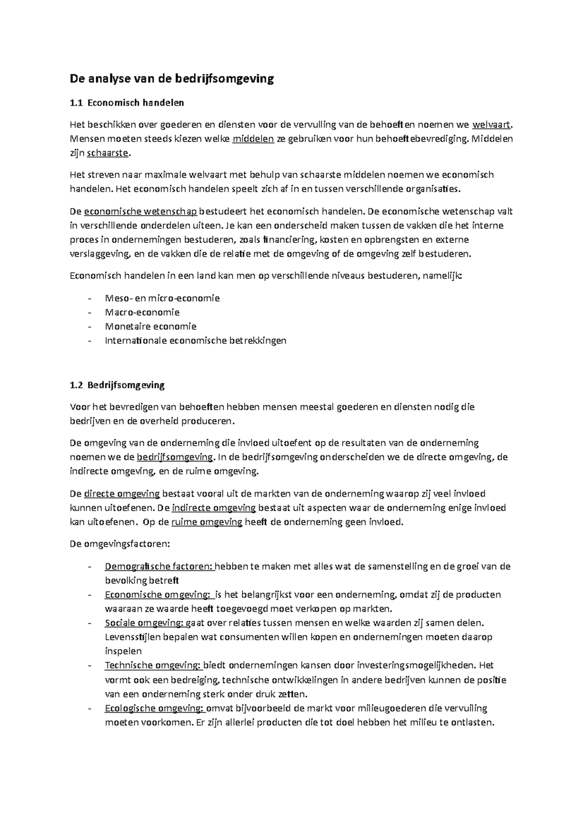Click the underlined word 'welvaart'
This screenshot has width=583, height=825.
491,125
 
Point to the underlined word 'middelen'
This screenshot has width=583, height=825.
253,139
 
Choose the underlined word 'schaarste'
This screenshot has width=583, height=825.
108,153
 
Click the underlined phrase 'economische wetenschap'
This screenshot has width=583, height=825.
140,211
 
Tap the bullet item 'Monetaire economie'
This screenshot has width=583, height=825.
151,327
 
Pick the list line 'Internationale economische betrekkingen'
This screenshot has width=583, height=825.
195,341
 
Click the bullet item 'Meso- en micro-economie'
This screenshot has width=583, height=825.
162,298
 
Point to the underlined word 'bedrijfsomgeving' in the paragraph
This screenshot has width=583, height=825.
175,457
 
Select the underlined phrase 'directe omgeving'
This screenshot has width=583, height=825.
122,494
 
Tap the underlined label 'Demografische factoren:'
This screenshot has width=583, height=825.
159,567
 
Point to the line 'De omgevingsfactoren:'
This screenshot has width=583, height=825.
120,544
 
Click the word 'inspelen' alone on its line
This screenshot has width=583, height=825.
123,652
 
